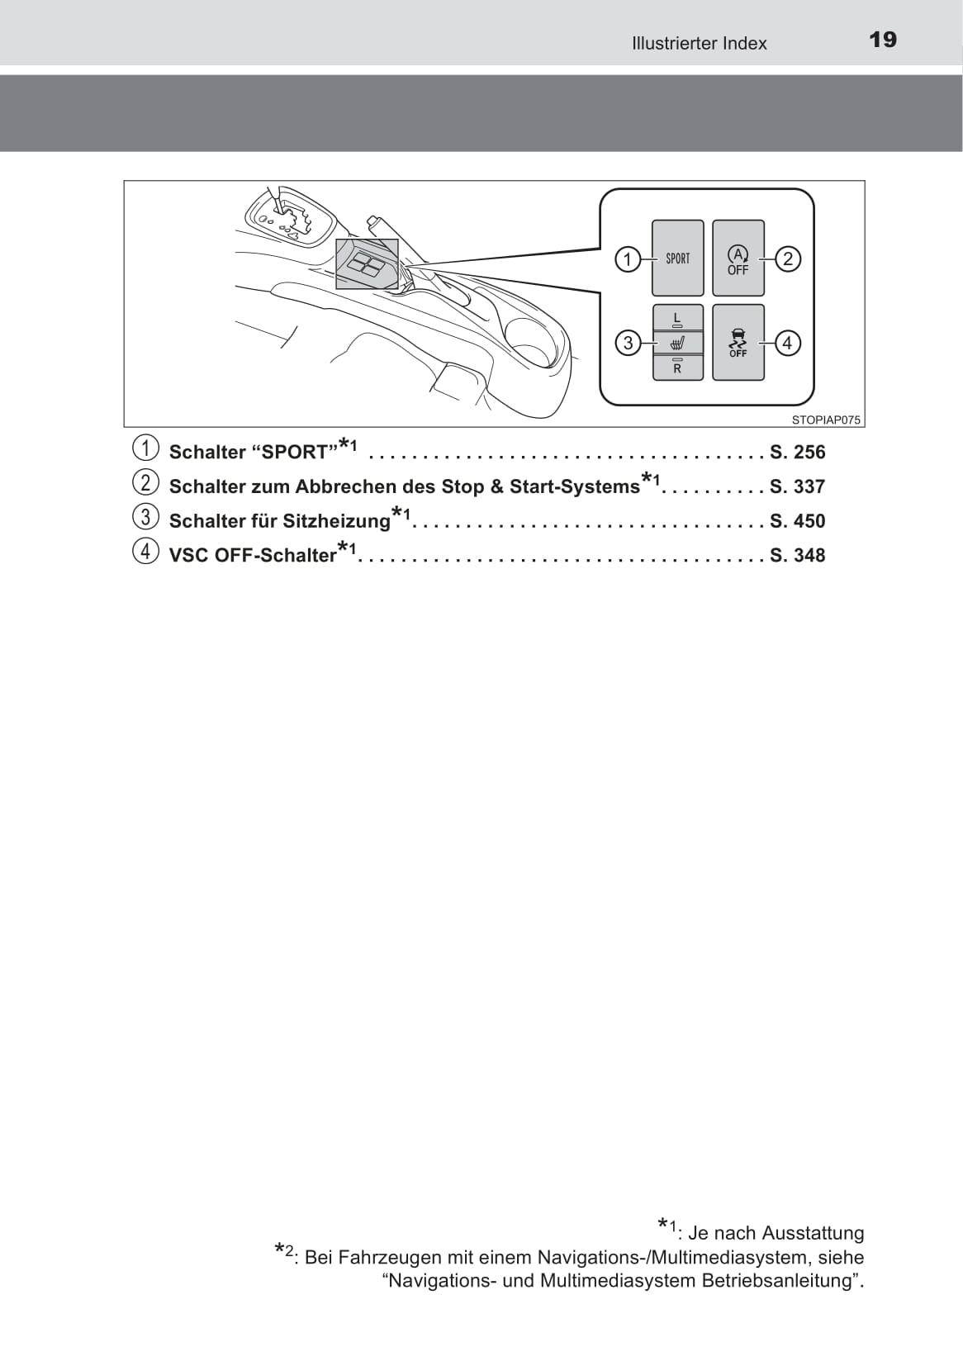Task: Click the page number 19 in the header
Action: pos(883,40)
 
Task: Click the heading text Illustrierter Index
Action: pos(699,43)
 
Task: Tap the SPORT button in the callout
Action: pos(677,258)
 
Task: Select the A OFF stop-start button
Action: pos(738,258)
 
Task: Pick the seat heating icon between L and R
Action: pos(677,344)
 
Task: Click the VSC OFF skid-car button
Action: pos(738,343)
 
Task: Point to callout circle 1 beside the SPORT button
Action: pos(627,259)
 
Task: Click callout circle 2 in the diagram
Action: pos(788,259)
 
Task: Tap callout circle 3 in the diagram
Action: pos(628,343)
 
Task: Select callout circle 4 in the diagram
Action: pos(787,343)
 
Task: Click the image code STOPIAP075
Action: pos(826,420)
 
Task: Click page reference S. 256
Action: pos(798,452)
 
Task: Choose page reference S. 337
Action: pos(798,486)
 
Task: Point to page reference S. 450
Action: pos(798,521)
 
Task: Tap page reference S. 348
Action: pos(798,555)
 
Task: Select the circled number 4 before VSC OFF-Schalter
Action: pos(145,552)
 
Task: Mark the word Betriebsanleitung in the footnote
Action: pos(782,1280)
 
